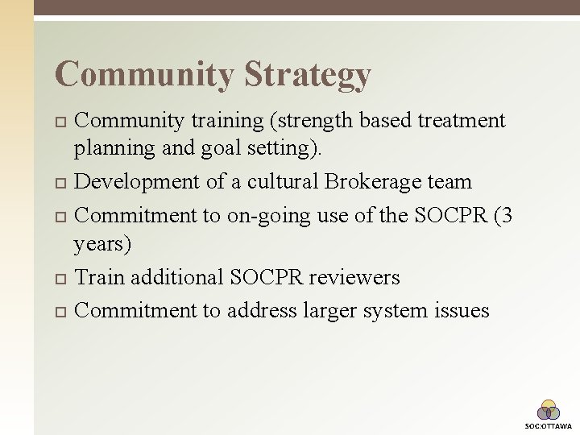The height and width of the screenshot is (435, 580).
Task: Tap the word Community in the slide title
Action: (144, 75)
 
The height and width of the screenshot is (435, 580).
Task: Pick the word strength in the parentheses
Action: (322, 121)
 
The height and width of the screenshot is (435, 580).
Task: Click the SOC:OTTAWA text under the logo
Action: (549, 425)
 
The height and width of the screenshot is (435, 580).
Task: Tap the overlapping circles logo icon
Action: (549, 410)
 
